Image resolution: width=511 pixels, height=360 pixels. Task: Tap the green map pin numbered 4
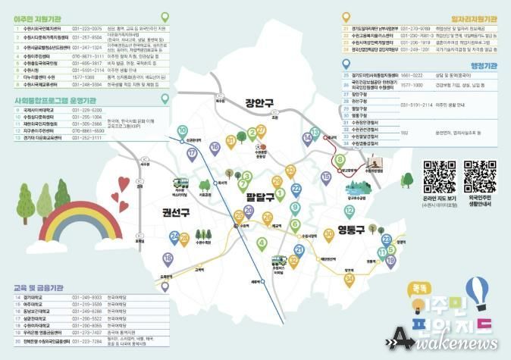coord(262,243)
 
